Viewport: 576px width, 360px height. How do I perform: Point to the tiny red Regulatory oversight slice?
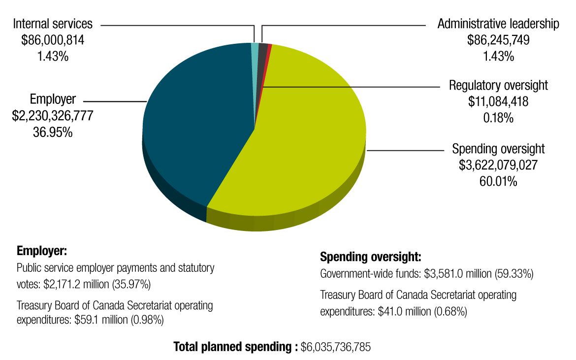coord(269,47)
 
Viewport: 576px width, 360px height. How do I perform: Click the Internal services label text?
coord(53,24)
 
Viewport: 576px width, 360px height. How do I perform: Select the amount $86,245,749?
coord(498,40)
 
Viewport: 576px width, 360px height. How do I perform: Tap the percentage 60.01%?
coord(498,182)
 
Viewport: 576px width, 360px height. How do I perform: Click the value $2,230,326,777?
coord(53,116)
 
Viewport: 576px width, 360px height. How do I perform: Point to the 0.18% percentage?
coord(498,118)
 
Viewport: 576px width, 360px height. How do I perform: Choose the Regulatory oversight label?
coord(498,85)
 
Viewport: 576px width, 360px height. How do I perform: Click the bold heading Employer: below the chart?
coord(41,251)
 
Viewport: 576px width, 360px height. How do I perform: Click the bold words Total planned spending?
coord(234,347)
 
